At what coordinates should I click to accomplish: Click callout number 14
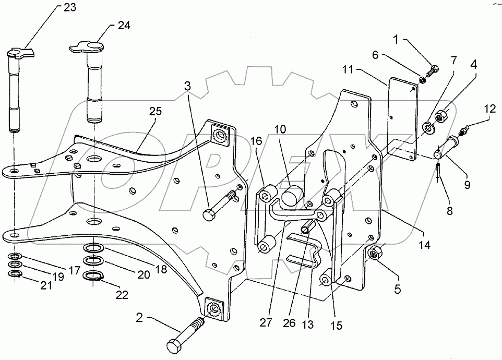point(427,243)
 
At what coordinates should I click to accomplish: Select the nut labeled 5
point(374,254)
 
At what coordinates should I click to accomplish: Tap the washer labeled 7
point(428,127)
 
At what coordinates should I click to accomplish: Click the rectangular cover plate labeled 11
point(403,117)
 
